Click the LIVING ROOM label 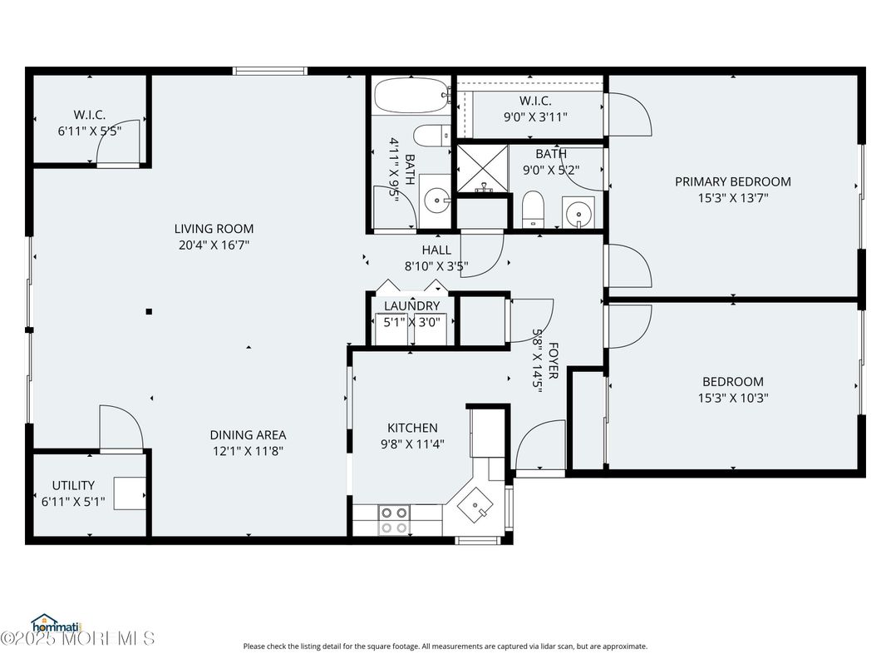214,229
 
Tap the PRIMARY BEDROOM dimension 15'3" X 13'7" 732,198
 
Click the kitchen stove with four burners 393,519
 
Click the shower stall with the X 481,169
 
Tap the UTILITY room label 73,485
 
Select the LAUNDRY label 411,306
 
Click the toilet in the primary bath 532,210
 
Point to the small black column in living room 149,312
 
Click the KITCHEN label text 412,428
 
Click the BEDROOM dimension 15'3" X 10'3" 732,398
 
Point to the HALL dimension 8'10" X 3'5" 436,267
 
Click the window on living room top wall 270,72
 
